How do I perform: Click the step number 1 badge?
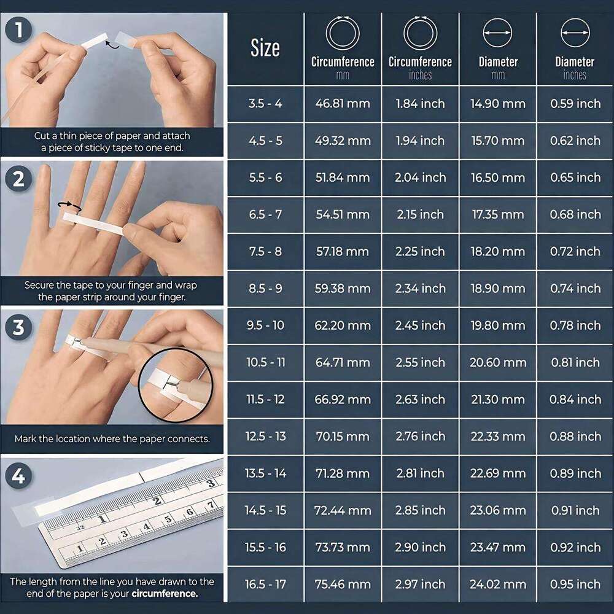click(x=19, y=29)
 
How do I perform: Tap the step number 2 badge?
click(x=19, y=179)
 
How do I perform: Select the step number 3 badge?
click(x=19, y=327)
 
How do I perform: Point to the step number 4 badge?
click(x=19, y=476)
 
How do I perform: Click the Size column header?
click(x=265, y=49)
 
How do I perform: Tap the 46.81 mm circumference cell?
click(x=343, y=104)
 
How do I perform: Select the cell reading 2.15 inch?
click(x=420, y=215)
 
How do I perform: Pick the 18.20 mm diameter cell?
click(x=497, y=252)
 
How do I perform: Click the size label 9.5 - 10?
click(x=265, y=325)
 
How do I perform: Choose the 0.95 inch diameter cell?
click(x=575, y=585)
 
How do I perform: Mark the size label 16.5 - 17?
click(x=265, y=585)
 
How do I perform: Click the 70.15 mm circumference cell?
click(x=343, y=437)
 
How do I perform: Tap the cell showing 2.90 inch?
click(x=420, y=548)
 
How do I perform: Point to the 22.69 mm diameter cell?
click(x=497, y=473)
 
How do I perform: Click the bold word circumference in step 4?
click(x=168, y=594)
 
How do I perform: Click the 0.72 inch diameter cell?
click(x=575, y=252)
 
